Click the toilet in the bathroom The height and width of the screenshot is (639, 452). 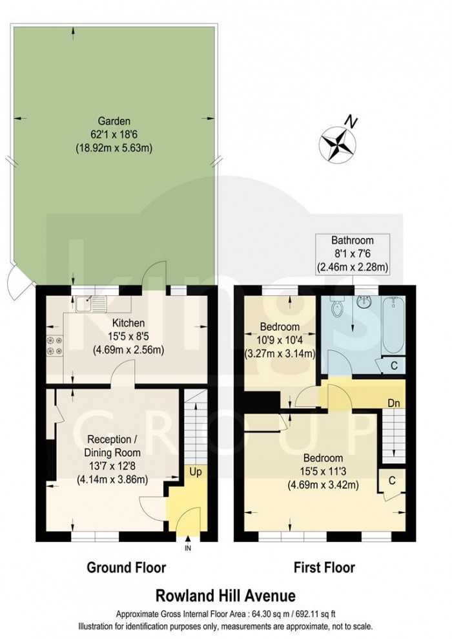(x=336, y=309)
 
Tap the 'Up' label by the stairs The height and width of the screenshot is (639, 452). (x=194, y=472)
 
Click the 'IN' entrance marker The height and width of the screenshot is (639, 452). (x=189, y=549)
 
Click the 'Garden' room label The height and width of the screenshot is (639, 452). (x=114, y=121)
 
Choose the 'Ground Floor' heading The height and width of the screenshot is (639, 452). (x=127, y=568)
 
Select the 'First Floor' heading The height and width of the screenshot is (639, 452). (x=324, y=568)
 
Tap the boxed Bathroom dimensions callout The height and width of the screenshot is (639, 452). (x=349, y=253)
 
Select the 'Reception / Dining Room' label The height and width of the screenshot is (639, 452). (x=112, y=447)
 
